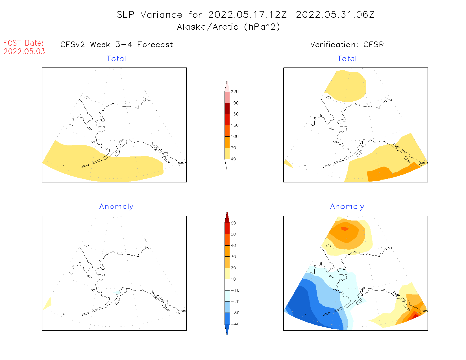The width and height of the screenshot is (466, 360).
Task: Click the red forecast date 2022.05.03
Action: (24, 51)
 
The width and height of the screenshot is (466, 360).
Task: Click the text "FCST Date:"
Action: (23, 43)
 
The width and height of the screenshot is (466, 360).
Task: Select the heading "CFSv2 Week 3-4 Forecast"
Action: (117, 45)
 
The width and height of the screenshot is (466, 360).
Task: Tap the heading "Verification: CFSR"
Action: (347, 45)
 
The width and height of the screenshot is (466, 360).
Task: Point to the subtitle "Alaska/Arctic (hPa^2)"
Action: (228, 27)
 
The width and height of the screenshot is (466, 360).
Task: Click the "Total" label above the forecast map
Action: (116, 59)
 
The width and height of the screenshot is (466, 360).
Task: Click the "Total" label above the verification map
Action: (347, 59)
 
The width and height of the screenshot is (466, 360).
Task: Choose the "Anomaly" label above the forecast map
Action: (116, 206)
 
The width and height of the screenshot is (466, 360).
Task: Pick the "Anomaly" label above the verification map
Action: (347, 206)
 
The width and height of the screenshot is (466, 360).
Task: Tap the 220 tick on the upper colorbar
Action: (234, 92)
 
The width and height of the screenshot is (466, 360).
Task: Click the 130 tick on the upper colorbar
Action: (234, 125)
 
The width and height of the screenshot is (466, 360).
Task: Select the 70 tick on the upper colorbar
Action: (233, 148)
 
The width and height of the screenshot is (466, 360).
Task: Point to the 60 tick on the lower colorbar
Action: (233, 223)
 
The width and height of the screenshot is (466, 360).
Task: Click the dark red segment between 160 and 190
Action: (227, 108)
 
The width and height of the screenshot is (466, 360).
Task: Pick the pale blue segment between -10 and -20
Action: (227, 296)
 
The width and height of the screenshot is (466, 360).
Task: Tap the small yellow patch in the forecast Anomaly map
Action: (48, 304)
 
